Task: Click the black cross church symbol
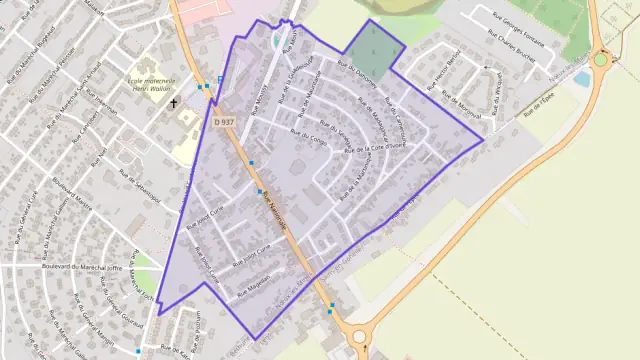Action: click(172, 102)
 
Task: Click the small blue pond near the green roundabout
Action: click(582, 78)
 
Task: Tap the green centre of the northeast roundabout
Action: click(601, 59)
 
